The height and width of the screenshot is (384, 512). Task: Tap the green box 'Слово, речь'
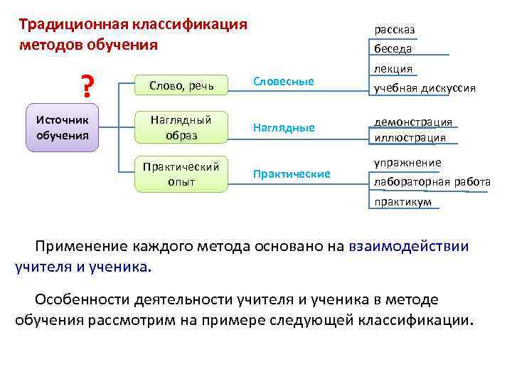coord(181,85)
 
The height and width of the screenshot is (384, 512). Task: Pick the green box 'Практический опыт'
coord(181,174)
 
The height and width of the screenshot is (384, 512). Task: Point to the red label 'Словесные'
coord(283,81)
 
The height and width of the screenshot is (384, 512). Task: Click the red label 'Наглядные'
coord(284,128)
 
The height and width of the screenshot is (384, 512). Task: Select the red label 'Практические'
coord(292,174)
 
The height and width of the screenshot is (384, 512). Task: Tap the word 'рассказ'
coord(395,30)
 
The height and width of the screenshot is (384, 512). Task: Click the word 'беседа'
coord(393,49)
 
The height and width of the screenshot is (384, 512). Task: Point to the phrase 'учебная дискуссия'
coord(425,88)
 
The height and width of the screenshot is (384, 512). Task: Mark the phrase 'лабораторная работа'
coord(432,182)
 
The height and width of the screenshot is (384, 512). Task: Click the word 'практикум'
coord(402,202)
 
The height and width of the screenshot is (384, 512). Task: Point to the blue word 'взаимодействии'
coord(409,247)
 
